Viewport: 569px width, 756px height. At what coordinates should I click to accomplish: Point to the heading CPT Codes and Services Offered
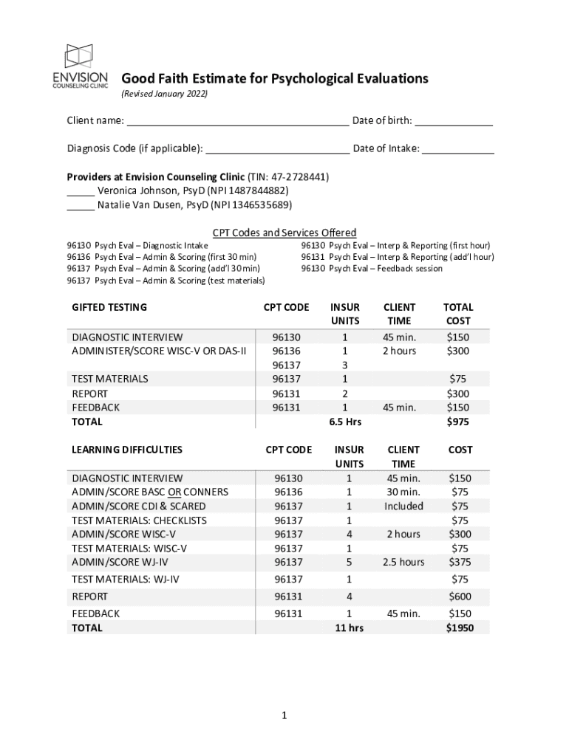pyautogui.click(x=284, y=233)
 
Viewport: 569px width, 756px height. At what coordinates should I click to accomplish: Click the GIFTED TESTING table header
pyautogui.click(x=109, y=307)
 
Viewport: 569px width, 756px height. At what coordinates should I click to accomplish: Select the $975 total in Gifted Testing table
pyautogui.click(x=457, y=422)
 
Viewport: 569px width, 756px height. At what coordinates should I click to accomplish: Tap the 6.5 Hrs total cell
pyautogui.click(x=345, y=422)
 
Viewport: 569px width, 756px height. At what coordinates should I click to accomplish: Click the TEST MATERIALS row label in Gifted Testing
pyautogui.click(x=109, y=379)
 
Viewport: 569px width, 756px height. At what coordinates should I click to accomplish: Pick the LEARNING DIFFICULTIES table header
pyautogui.click(x=126, y=450)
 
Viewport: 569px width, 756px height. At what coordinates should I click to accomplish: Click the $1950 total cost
pyautogui.click(x=459, y=628)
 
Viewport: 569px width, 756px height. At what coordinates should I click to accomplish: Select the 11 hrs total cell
pyautogui.click(x=349, y=628)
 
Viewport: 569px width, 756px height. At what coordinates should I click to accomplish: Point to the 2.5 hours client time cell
pyautogui.click(x=403, y=563)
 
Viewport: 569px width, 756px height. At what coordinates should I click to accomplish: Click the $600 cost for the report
pyautogui.click(x=459, y=597)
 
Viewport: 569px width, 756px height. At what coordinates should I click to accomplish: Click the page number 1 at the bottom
pyautogui.click(x=284, y=715)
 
